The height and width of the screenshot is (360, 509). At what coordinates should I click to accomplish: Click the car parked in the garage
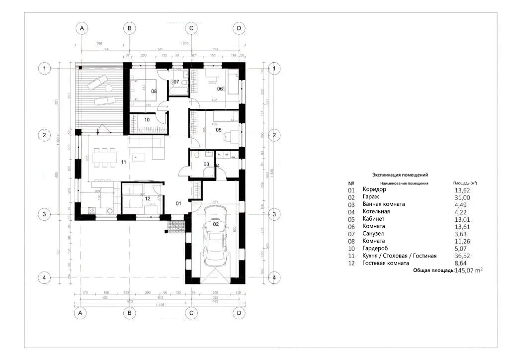click(x=216, y=238)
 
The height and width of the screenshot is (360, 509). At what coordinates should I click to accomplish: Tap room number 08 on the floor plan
click(x=154, y=91)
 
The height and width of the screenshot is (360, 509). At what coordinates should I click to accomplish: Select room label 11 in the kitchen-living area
click(x=124, y=162)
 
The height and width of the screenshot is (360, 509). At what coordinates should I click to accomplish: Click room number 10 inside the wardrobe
click(x=147, y=120)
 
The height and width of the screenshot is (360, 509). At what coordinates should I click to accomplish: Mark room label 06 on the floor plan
click(x=220, y=89)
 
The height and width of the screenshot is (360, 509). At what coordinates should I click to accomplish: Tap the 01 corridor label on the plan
click(x=179, y=203)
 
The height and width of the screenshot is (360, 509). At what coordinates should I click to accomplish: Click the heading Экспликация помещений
click(x=400, y=175)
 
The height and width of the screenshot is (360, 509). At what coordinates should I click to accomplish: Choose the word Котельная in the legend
click(x=376, y=211)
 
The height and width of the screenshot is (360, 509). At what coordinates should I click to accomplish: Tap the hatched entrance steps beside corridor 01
click(x=176, y=226)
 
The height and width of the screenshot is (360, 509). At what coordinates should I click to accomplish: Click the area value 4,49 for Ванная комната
click(x=462, y=204)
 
